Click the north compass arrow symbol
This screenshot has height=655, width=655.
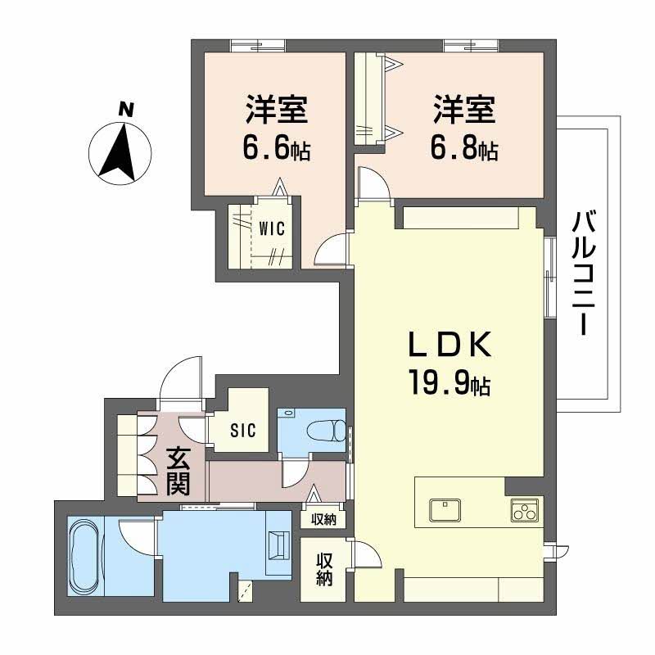(x=121, y=152)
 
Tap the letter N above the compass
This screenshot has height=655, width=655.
(x=125, y=108)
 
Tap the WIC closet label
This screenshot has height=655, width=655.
(x=272, y=229)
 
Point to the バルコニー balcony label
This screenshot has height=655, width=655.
(x=583, y=271)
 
